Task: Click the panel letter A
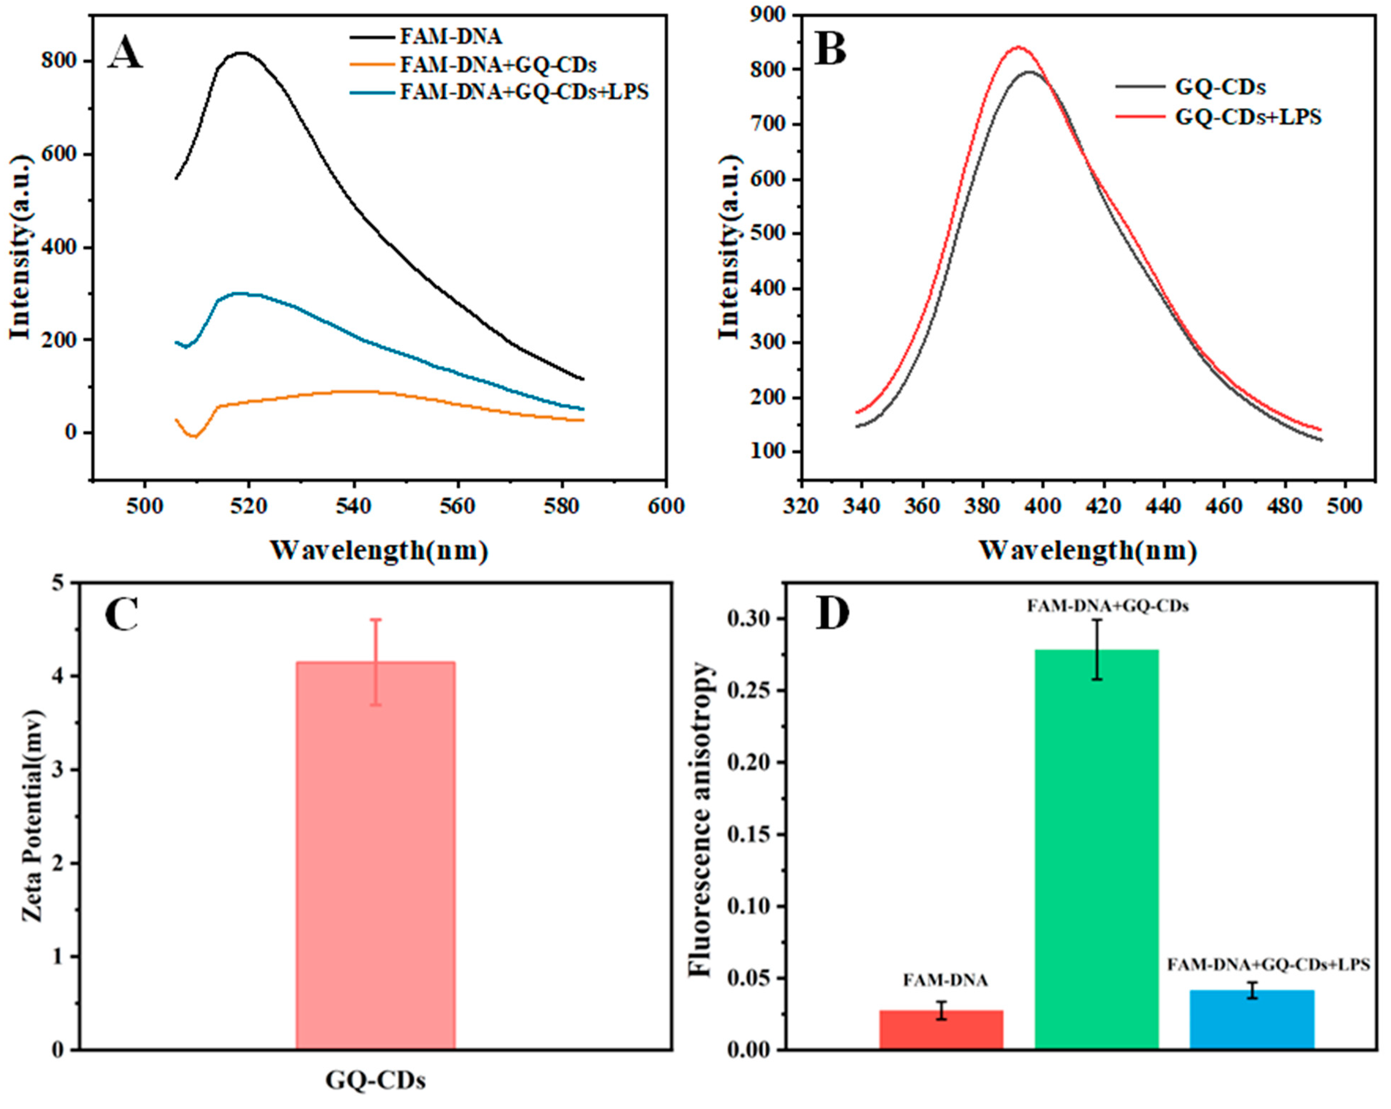tap(124, 52)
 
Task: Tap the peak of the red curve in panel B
tap(1018, 46)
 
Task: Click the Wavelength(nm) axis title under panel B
tap(1088, 550)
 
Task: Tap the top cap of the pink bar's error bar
tap(375, 619)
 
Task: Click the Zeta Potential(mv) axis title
tap(32, 816)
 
